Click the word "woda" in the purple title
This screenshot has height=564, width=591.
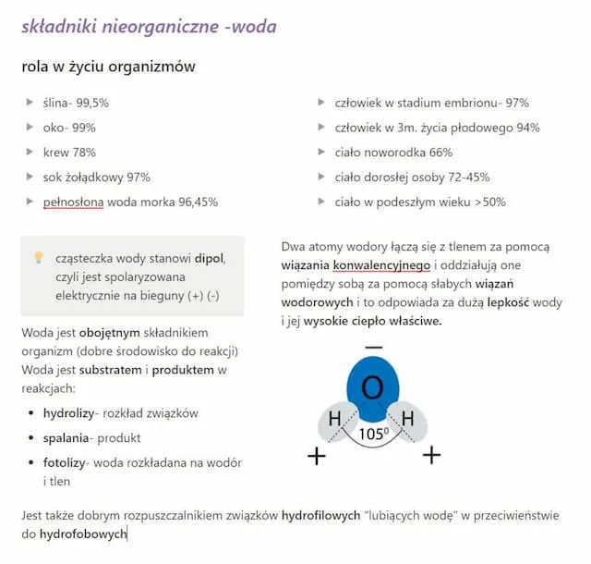tap(253, 27)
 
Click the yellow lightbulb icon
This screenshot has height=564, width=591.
tap(39, 258)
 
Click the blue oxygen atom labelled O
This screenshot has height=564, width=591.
tap(372, 386)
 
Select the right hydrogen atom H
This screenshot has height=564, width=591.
tap(407, 419)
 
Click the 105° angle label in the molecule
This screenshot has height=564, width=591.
tap(372, 434)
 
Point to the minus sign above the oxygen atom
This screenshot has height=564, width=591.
tap(373, 348)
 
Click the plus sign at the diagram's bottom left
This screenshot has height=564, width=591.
tap(317, 455)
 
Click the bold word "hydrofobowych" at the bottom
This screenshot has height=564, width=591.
tap(82, 534)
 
